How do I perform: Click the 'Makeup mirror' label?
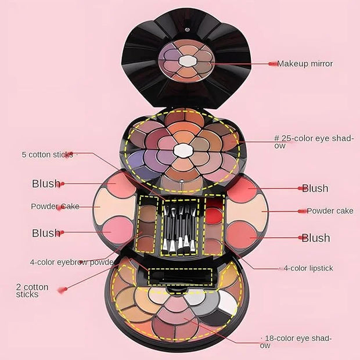coord(305,64)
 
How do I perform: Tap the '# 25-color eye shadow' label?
coord(314,142)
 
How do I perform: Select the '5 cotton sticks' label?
coord(47,154)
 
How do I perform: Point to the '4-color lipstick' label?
coord(308,268)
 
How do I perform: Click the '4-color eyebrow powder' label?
coord(72,262)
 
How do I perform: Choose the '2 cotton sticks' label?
coord(32,291)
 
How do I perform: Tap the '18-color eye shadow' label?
coord(296,341)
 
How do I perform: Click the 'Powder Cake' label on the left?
coord(55,206)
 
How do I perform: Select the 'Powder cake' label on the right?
coord(330,211)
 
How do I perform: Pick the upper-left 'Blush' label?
coord(46,183)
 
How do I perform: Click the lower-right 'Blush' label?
coord(316,238)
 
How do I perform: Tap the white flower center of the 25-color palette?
coord(183,150)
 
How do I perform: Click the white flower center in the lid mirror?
coord(188,61)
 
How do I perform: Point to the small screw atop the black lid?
coord(188,30)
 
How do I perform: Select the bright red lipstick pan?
coord(214,216)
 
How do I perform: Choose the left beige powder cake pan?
coord(114,206)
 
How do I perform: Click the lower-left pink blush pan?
coord(117,231)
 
